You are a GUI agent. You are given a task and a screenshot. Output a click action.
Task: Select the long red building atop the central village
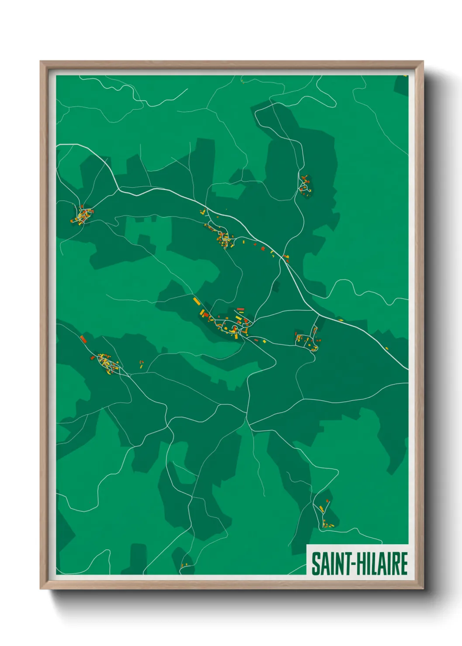coord(240,309)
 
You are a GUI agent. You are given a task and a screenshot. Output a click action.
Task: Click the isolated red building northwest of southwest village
coord(83,339)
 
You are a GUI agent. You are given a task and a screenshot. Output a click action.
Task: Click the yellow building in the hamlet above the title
coord(322,509)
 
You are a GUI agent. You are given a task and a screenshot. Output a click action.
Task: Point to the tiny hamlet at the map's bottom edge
coord(184,566)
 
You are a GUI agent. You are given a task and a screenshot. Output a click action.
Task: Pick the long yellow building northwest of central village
coord(196,300)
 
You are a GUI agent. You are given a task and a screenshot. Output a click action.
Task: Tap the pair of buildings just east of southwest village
coord(141,364)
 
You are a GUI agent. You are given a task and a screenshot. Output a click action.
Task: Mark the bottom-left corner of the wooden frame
coord(41,588)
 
